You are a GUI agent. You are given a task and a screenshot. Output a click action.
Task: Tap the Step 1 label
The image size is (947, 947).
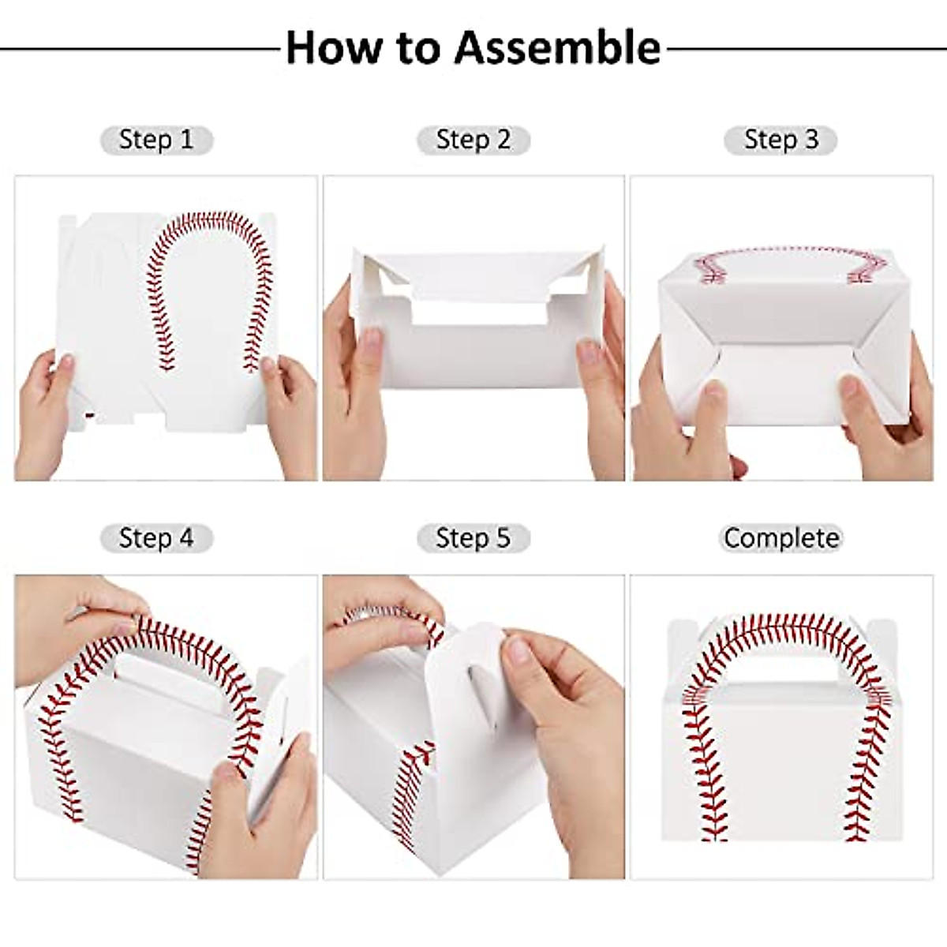pyautogui.click(x=156, y=140)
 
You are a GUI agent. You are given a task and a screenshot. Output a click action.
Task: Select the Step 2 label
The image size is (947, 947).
pyautogui.click(x=473, y=140)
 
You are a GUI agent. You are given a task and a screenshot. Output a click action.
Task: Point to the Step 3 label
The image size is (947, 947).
pyautogui.click(x=780, y=140)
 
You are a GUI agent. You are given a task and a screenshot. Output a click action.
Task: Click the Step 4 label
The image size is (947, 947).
pyautogui.click(x=156, y=538)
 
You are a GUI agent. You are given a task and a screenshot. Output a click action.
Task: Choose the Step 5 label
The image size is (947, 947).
pyautogui.click(x=473, y=538)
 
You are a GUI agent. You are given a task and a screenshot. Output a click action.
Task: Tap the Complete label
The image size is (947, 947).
pyautogui.click(x=780, y=538)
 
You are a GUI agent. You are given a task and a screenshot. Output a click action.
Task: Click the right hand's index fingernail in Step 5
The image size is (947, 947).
pyautogui.click(x=518, y=651)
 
